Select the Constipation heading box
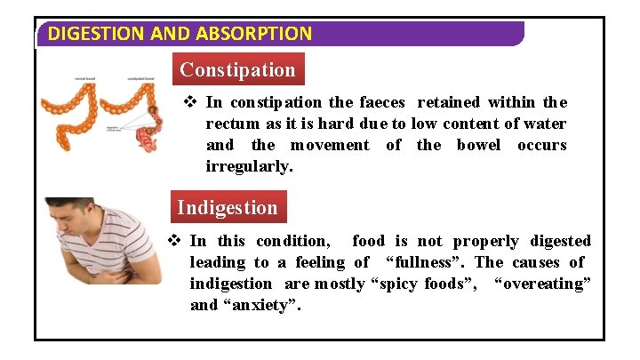coord(237,69)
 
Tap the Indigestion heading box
coord(228,208)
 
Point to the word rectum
coord(232,124)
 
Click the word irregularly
coord(250,166)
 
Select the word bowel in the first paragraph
coord(479,145)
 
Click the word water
coord(545,124)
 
